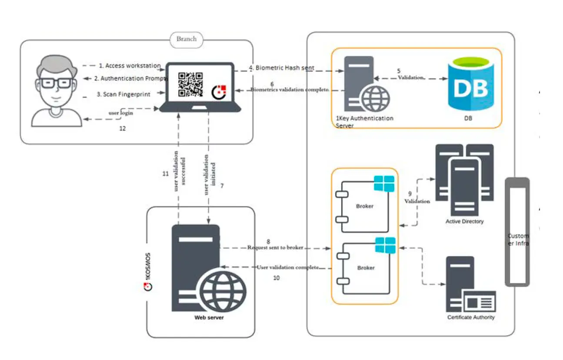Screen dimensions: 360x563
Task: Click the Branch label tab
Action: [x=186, y=39]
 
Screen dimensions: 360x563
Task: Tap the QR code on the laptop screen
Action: [x=190, y=84]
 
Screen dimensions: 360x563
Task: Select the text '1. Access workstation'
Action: [x=130, y=66]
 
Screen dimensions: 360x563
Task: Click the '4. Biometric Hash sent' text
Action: [x=282, y=68]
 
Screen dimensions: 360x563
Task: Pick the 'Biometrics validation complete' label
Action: [x=290, y=90]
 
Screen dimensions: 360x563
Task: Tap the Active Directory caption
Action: [x=464, y=221]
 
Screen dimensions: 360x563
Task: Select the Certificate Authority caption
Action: [x=471, y=317]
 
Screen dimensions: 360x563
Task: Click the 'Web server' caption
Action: [x=209, y=318]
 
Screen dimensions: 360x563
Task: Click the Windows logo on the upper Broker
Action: [x=384, y=183]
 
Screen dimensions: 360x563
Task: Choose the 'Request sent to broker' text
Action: [x=275, y=247]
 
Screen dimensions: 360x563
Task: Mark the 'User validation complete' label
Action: [x=288, y=267]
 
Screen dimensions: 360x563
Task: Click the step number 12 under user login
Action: [x=123, y=128]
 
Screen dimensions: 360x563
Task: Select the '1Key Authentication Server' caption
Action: [x=364, y=122]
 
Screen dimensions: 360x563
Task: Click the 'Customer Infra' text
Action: [x=518, y=240]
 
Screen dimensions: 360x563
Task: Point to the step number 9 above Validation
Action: [x=410, y=194]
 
